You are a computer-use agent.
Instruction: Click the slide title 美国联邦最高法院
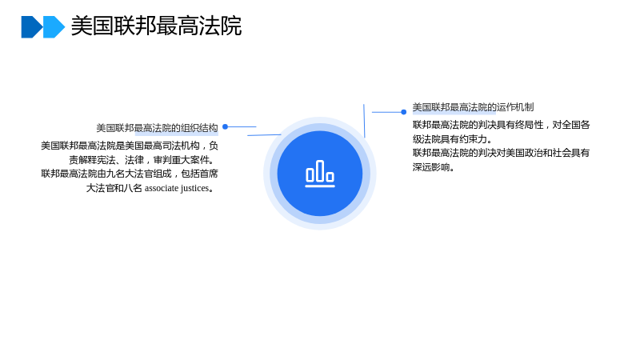[x=156, y=26]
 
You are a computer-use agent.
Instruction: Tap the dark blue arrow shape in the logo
[x=31, y=27]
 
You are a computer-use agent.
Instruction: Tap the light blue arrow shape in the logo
[x=54, y=27]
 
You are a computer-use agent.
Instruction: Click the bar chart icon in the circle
[x=320, y=174]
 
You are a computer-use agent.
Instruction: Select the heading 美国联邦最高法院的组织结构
[x=157, y=128]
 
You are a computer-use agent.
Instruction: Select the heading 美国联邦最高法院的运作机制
[x=473, y=107]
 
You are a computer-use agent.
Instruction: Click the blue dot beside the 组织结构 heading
[x=225, y=127]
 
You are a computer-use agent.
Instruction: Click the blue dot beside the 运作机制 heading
[x=404, y=112]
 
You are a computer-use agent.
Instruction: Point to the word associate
[x=162, y=188]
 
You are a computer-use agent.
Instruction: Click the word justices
[x=194, y=189]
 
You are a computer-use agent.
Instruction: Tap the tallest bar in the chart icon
[x=320, y=170]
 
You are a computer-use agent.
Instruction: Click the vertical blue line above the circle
[x=364, y=121]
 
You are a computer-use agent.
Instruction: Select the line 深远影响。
[x=434, y=167]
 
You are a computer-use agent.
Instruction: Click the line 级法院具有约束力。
[x=452, y=139]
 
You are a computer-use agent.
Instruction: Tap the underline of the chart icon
[x=320, y=186]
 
